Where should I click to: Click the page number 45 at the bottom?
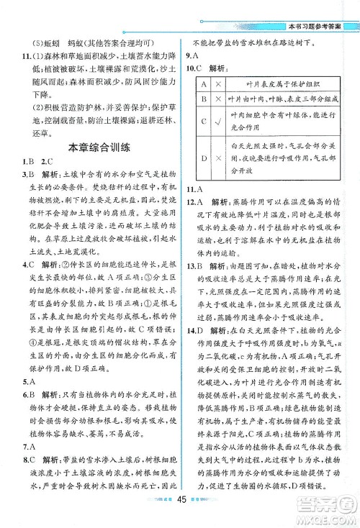pyautogui.click(x=181, y=512)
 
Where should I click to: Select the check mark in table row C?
pyautogui.click(x=217, y=120)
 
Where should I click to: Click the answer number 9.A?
pyautogui.click(x=192, y=55)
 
